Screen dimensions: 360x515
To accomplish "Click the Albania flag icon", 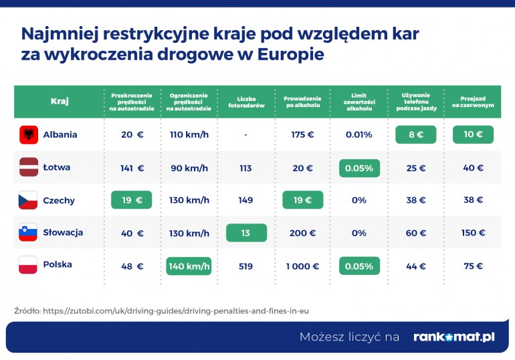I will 29,134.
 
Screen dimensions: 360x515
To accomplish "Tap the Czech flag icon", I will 29,200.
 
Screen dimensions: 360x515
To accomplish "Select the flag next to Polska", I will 29,265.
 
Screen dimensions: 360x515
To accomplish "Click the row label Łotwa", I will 56,167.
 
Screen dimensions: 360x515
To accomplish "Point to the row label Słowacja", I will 63,233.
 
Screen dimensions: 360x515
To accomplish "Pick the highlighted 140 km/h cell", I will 189,266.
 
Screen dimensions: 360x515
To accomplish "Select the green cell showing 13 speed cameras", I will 246,233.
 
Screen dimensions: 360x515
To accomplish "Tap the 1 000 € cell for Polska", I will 302,266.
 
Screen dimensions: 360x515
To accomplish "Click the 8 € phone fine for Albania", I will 416,134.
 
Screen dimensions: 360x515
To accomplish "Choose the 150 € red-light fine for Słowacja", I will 473,233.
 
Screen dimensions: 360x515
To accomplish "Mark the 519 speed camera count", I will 245,266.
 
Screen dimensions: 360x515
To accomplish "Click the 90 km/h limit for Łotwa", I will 189,167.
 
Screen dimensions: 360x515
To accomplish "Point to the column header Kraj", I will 60,102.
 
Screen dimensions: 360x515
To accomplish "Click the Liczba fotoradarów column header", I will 245,102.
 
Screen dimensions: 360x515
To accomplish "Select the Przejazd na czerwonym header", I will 473,102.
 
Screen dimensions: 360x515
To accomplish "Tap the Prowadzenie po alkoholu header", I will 302,102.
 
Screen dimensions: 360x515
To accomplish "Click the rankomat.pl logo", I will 453,337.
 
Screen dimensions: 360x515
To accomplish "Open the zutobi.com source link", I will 177,310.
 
